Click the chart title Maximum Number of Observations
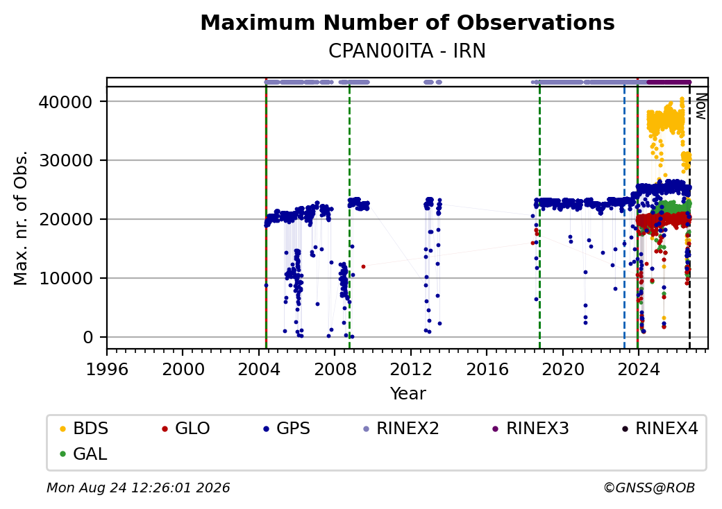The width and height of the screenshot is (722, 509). click(x=408, y=22)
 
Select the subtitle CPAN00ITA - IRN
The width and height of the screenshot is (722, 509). click(x=407, y=51)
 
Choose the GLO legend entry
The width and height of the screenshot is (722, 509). click(x=186, y=429)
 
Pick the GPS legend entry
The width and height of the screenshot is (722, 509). click(x=287, y=429)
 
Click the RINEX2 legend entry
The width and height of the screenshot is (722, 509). click(x=401, y=429)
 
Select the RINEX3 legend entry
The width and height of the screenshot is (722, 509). click(x=531, y=429)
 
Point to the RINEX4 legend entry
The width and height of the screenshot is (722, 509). click(x=660, y=429)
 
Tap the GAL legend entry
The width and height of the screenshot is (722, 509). click(x=84, y=454)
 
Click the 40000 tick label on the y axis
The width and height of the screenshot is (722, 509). click(x=66, y=102)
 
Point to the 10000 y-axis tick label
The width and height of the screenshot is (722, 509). click(x=66, y=278)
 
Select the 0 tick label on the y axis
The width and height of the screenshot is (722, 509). click(x=88, y=338)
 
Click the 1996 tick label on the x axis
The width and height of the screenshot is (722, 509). click(x=107, y=369)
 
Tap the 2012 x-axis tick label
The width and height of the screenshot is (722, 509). click(x=411, y=369)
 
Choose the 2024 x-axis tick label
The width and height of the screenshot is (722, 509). click(x=639, y=369)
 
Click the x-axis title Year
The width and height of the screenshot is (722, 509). click(x=408, y=394)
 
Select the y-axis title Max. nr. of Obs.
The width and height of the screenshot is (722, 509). click(x=21, y=218)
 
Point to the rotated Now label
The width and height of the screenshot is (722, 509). click(x=701, y=106)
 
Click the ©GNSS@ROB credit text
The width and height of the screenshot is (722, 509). click(x=649, y=488)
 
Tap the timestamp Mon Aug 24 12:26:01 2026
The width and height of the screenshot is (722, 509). click(x=138, y=488)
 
